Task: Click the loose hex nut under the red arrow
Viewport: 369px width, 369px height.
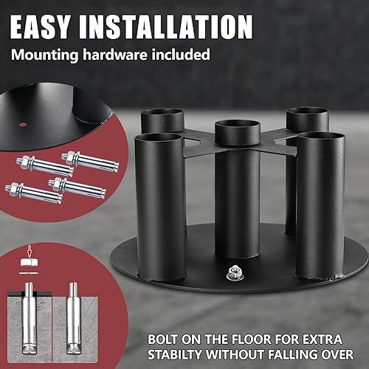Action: (30, 269)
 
